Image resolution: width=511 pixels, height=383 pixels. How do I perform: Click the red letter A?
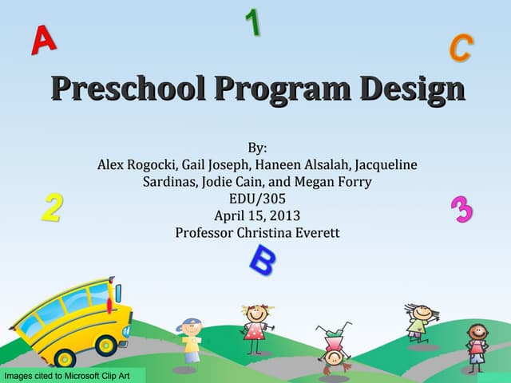pyautogui.click(x=43, y=40)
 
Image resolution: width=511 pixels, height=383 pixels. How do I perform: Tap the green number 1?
pyautogui.click(x=253, y=22)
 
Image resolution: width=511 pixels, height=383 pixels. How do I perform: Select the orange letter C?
pyautogui.click(x=460, y=48)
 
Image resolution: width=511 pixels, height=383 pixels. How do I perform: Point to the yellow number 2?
pyautogui.click(x=52, y=207)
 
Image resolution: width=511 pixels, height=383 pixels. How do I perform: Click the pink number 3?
pyautogui.click(x=461, y=210)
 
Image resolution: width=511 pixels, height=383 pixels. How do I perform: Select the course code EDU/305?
pyautogui.click(x=257, y=199)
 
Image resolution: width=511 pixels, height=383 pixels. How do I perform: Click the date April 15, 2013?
pyautogui.click(x=257, y=215)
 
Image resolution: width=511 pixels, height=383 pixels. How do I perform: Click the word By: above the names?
pyautogui.click(x=257, y=148)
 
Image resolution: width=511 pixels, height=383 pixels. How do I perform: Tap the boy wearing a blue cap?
pyautogui.click(x=190, y=342)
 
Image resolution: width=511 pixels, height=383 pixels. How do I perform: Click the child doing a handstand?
pyautogui.click(x=333, y=347)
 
